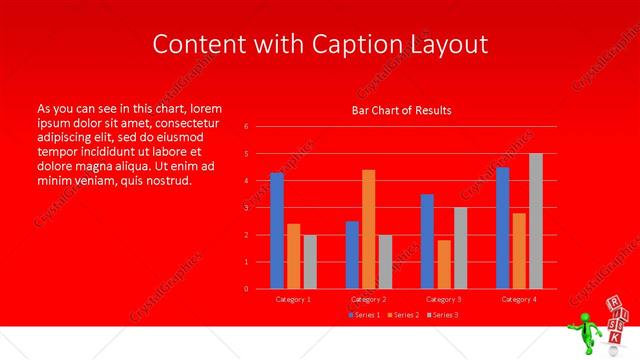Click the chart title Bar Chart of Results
(x=401, y=110)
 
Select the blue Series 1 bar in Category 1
(x=277, y=230)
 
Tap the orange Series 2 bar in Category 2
(x=369, y=229)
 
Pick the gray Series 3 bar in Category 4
(x=536, y=221)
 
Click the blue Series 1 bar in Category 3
(x=427, y=241)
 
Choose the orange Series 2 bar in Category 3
(x=444, y=264)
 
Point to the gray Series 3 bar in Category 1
(x=310, y=262)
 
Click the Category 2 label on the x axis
(x=369, y=299)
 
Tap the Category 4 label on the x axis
(x=518, y=299)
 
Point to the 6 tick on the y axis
(x=246, y=127)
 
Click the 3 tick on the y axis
(x=246, y=208)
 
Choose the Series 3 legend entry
(x=441, y=316)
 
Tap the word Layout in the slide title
(x=447, y=45)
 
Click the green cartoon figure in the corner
(x=584, y=331)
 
